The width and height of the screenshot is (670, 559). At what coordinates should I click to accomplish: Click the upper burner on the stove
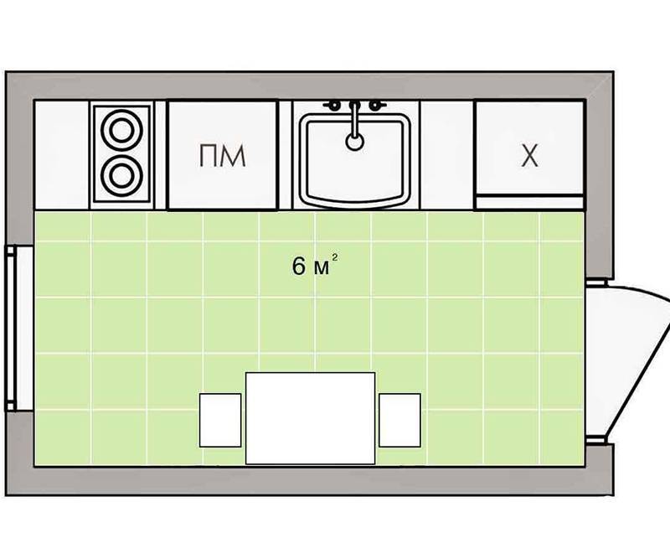(x=121, y=130)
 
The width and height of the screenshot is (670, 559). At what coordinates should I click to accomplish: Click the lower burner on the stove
(x=121, y=176)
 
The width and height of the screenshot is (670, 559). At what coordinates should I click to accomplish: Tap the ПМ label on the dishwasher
(x=222, y=156)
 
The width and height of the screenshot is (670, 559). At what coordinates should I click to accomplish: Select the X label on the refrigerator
(x=530, y=156)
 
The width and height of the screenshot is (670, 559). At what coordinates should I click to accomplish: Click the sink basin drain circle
(x=354, y=142)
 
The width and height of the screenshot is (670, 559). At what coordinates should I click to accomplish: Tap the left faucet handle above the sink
(x=333, y=105)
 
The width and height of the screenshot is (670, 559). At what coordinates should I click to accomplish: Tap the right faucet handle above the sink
(x=376, y=105)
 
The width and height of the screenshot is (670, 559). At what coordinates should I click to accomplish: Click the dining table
(x=310, y=418)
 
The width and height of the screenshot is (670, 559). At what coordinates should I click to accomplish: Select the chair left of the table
(x=220, y=421)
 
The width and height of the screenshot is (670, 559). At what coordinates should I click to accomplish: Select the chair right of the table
(x=399, y=421)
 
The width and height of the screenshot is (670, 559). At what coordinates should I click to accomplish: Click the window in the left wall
(x=19, y=329)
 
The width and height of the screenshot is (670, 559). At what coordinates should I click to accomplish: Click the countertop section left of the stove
(x=62, y=155)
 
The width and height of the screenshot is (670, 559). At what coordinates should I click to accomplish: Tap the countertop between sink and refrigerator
(x=447, y=155)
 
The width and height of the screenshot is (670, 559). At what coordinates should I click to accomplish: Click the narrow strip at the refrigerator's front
(x=529, y=202)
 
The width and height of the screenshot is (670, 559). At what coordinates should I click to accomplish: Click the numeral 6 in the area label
(x=299, y=266)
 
